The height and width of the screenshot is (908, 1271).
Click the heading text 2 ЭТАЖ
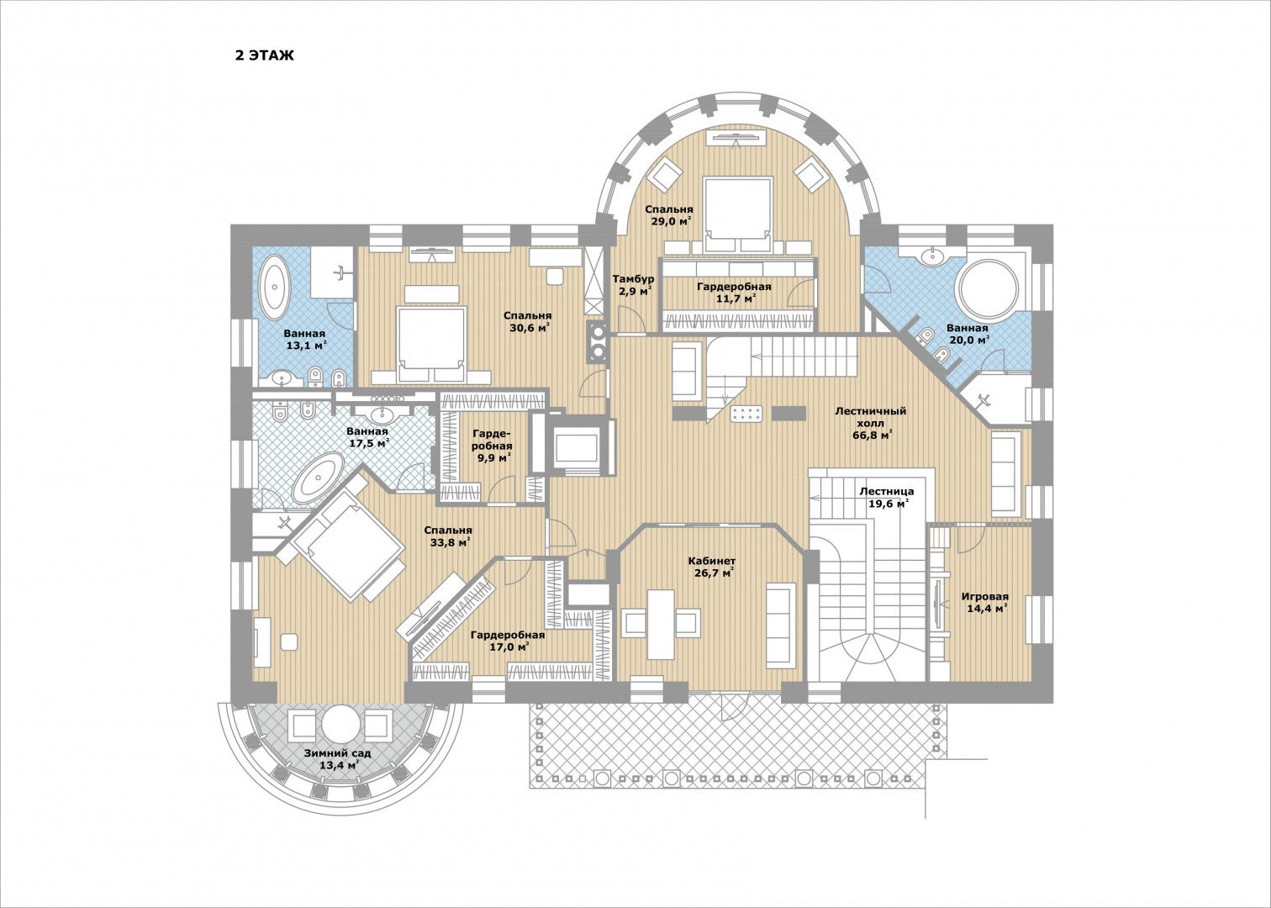point(265,55)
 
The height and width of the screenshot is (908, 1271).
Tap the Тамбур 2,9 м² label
point(633,286)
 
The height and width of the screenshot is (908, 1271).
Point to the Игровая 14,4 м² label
point(985,602)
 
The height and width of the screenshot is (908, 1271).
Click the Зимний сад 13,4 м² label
point(338,759)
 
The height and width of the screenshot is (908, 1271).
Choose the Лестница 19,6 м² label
point(887,497)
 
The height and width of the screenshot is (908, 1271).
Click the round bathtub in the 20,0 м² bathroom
point(987,289)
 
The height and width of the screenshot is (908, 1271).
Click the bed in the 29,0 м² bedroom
point(738,215)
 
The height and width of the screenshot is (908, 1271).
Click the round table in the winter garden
point(340,724)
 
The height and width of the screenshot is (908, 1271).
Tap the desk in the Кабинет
point(661,624)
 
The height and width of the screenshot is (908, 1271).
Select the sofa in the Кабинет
point(781,626)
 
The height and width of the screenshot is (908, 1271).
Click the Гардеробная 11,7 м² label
point(734,293)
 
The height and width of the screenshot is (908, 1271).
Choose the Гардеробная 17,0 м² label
point(508,640)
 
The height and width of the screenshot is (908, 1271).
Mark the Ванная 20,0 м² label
point(968,334)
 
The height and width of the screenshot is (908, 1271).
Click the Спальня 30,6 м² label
point(528,321)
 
